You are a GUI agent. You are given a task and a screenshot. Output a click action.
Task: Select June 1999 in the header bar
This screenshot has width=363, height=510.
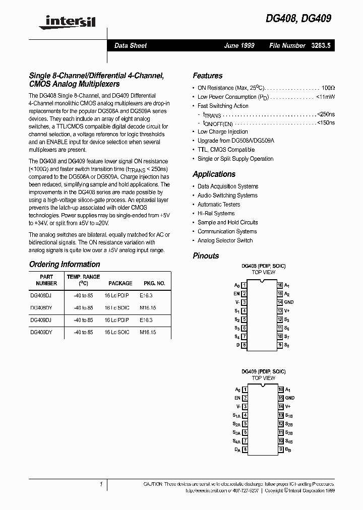click(239, 45)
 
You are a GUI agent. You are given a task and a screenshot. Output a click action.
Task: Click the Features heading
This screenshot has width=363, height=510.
click(207, 76)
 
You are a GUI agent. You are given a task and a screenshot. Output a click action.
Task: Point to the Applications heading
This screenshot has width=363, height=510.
click(214, 174)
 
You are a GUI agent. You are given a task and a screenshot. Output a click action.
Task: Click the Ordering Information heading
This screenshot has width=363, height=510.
click(65, 264)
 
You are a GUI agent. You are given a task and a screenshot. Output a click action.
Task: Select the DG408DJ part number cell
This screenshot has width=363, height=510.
click(41, 295)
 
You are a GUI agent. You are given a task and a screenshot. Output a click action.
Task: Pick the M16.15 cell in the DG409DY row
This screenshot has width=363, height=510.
click(148, 332)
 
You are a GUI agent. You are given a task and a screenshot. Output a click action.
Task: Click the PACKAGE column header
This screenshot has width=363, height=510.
click(120, 283)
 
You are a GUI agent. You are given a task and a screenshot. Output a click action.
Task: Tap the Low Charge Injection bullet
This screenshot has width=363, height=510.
click(223, 132)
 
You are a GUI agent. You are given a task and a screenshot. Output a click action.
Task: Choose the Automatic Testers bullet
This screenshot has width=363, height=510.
click(219, 205)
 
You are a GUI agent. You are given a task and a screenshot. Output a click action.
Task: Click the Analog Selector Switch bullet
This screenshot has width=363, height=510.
click(225, 240)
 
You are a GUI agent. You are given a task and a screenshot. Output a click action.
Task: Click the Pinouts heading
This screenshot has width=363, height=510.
click(206, 256)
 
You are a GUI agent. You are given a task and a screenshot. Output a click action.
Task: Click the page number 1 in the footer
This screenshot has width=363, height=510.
click(101, 484)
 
